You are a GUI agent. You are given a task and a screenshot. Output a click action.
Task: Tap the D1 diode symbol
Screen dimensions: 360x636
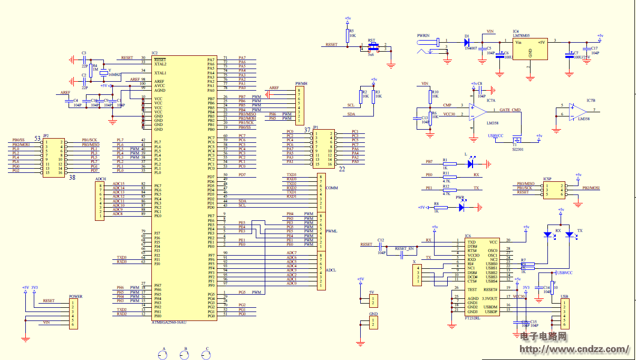pyautogui.click(x=467, y=41)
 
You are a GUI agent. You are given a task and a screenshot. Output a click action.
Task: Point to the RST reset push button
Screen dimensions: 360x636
pyautogui.click(x=372, y=48)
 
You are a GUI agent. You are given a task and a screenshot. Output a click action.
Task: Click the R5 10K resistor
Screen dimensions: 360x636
pyautogui.click(x=348, y=35)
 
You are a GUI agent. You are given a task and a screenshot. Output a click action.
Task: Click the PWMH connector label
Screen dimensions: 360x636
pyautogui.click(x=301, y=84)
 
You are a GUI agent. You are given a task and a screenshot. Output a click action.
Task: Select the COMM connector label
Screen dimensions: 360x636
pyautogui.click(x=332, y=188)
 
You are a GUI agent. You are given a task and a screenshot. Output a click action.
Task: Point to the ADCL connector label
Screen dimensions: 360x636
pyautogui.click(x=331, y=270)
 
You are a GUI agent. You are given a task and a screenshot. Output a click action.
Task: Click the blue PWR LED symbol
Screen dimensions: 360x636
pyautogui.click(x=461, y=207)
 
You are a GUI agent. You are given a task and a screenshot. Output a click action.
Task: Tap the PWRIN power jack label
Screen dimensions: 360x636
pyautogui.click(x=423, y=35)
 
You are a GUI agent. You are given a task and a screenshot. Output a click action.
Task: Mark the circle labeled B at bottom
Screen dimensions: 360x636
pyautogui.click(x=185, y=355)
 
